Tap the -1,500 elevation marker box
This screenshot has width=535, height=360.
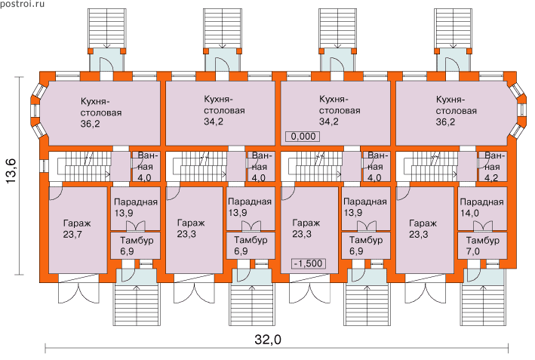tap(307, 263)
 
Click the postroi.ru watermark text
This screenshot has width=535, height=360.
tap(23, 5)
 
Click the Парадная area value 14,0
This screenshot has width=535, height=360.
tap(480, 214)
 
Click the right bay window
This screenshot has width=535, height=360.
tap(520, 113)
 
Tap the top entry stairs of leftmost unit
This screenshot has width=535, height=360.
tap(102, 28)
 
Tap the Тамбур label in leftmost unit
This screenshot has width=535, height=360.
tap(135, 240)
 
